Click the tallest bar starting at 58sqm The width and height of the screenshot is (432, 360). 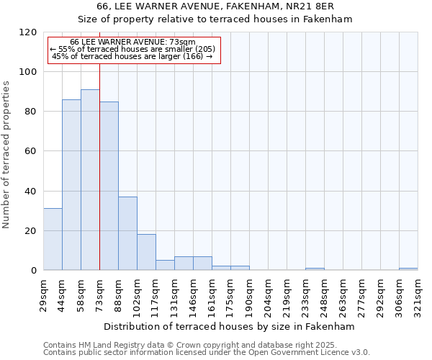90,180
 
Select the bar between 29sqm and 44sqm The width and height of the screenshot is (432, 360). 53,239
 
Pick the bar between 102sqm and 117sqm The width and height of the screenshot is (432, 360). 146,252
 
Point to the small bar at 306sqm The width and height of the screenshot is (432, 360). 408,269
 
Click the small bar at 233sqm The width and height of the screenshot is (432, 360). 315,269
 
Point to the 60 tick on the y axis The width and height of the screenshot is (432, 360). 32,151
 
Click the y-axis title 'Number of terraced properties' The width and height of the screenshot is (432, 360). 6,155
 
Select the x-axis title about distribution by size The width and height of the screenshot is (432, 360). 230,326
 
